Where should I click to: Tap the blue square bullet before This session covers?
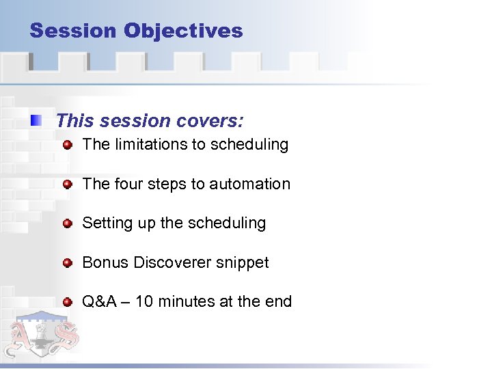[36, 122]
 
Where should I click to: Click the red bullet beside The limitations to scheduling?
[68, 145]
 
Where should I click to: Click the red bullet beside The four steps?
[68, 184]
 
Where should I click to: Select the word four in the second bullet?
[127, 184]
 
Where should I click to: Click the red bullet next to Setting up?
[68, 223]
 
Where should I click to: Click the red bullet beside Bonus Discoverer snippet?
[68, 263]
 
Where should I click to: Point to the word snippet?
[245, 263]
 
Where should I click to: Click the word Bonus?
[105, 262]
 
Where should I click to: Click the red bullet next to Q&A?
[68, 302]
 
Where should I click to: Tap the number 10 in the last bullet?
[144, 301]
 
